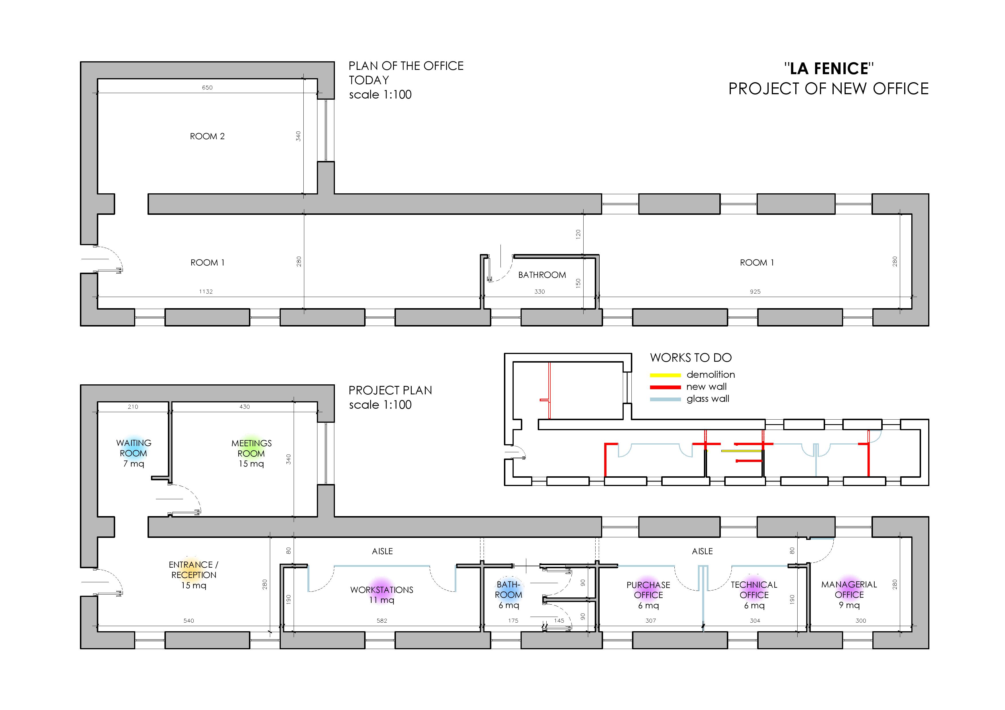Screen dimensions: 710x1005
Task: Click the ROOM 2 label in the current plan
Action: click(x=207, y=137)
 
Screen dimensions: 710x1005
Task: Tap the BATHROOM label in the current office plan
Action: click(x=542, y=275)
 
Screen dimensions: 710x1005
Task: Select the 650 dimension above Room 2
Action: click(x=207, y=87)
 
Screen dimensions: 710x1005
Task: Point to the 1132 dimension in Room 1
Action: click(x=206, y=291)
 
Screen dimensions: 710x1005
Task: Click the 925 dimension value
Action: click(x=755, y=291)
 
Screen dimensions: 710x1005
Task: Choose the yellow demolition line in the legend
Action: click(x=665, y=375)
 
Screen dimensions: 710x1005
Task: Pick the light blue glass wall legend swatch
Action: click(x=665, y=399)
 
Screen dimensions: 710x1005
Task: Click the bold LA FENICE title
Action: click(x=829, y=69)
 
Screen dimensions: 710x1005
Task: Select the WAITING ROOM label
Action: click(x=134, y=449)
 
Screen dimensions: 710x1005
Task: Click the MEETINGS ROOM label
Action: click(x=251, y=449)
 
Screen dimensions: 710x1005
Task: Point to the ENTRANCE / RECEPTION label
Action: click(x=193, y=570)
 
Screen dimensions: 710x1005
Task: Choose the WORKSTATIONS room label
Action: click(x=382, y=590)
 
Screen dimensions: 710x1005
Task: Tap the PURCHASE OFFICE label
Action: click(x=648, y=590)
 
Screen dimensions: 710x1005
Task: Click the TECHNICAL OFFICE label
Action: click(x=754, y=590)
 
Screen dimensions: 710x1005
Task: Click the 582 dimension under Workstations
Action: click(x=382, y=621)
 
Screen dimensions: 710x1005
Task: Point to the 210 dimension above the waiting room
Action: click(x=133, y=407)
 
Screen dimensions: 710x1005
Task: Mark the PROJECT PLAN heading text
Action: click(x=390, y=390)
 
